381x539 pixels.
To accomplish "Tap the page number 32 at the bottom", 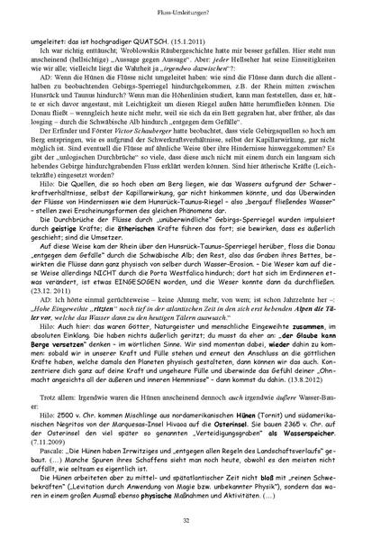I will click(x=191, y=520).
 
